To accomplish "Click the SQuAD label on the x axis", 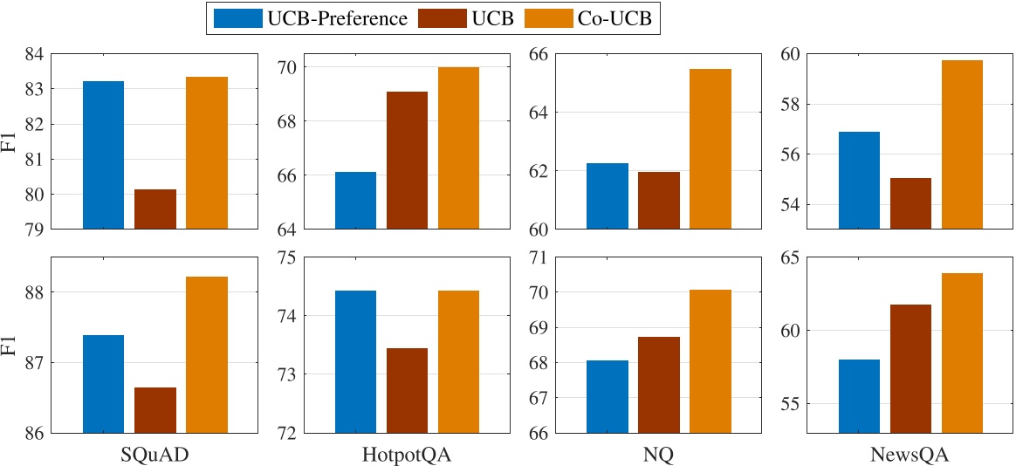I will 155,456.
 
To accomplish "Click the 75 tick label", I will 286,257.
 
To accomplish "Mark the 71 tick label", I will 539,257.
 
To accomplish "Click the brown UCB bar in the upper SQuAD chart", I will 155,209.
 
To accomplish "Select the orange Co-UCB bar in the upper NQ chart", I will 711,148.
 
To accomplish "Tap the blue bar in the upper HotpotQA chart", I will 355,201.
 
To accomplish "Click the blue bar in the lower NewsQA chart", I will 860,396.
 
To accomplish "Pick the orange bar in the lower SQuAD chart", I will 207,354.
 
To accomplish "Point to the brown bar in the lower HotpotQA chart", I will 407,390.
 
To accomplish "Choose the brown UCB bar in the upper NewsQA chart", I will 910,203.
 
